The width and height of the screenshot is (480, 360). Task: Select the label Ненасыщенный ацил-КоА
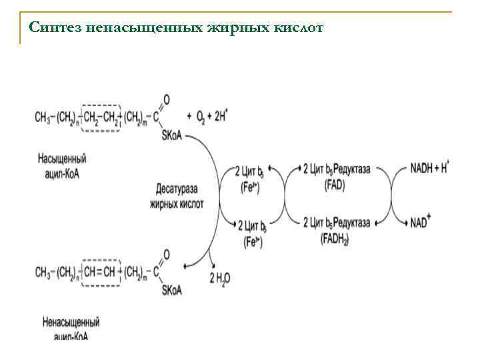click(70, 328)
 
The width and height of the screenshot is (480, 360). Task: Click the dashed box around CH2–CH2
click(101, 117)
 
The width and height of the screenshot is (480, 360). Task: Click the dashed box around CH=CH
click(101, 272)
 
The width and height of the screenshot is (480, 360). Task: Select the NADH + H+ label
click(430, 169)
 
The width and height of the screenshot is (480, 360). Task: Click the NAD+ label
click(421, 221)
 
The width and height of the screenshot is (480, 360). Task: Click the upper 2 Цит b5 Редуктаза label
click(336, 170)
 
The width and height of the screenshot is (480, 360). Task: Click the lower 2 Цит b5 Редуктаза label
click(336, 222)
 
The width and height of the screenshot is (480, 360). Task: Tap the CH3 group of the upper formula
click(42, 117)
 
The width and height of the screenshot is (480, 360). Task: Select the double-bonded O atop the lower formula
click(166, 254)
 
